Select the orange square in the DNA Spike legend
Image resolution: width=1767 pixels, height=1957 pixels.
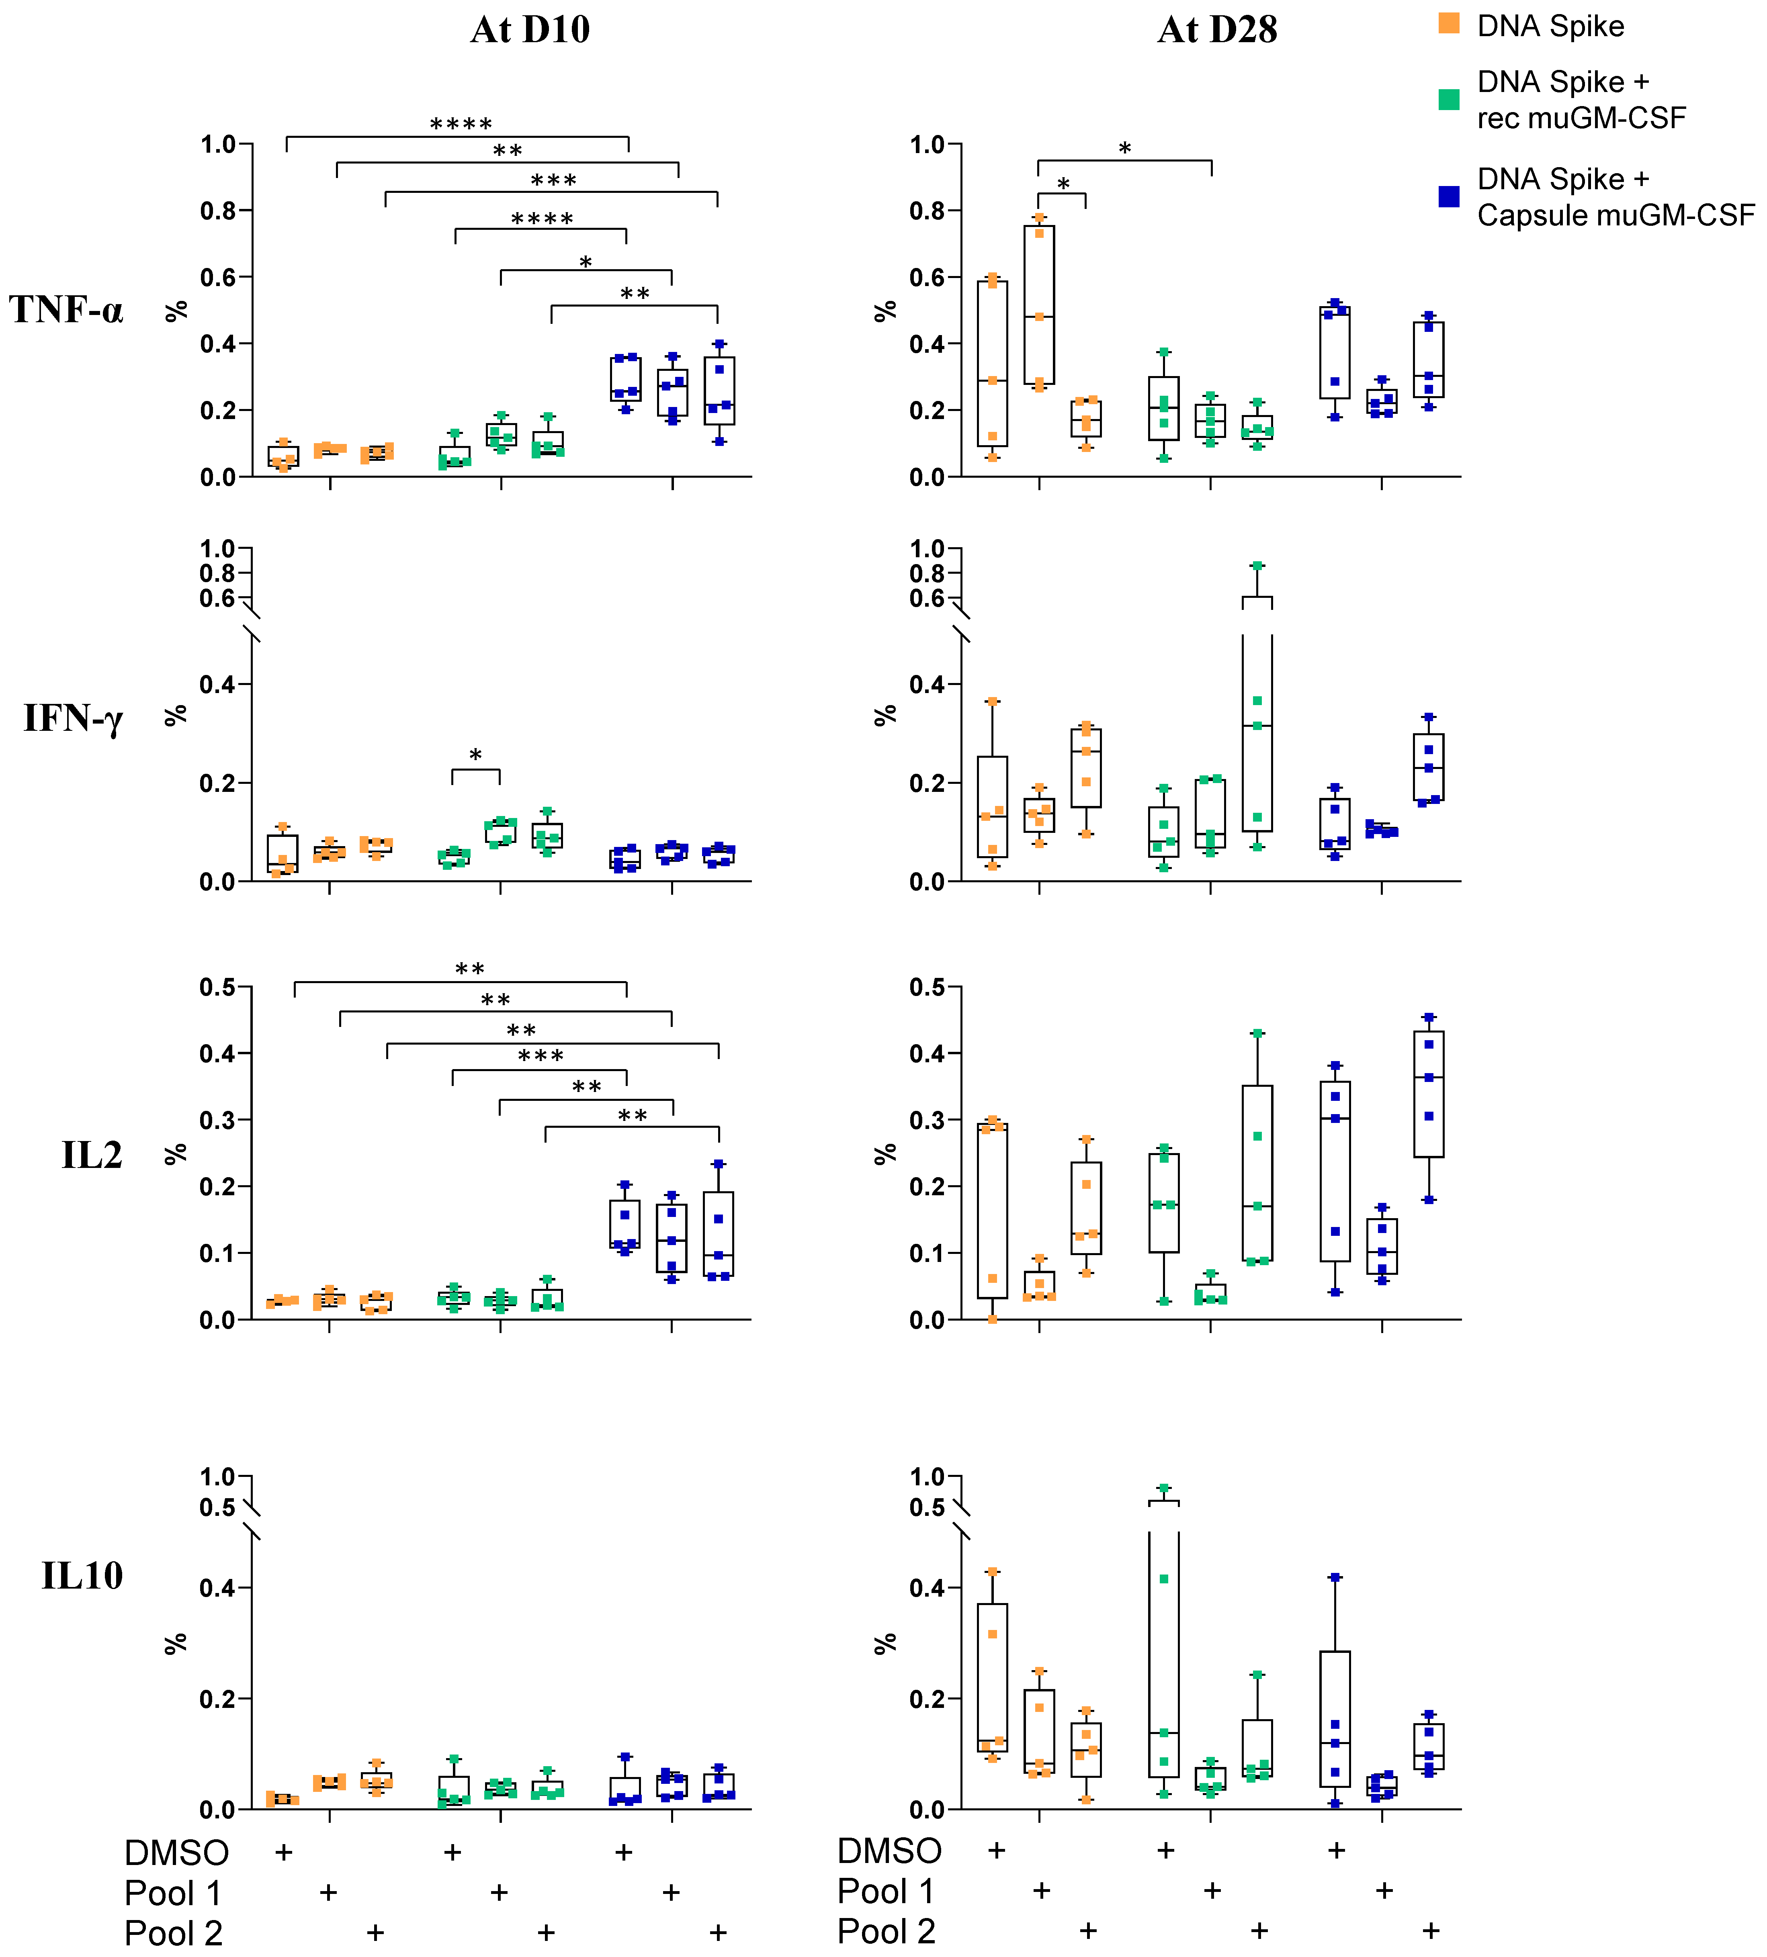tap(1449, 24)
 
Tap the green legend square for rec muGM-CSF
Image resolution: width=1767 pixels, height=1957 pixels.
tap(1449, 99)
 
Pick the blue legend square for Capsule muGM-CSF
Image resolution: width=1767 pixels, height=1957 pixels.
tap(1449, 196)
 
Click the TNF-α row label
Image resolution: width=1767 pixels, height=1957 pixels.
tap(66, 310)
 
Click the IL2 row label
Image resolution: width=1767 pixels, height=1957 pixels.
tap(92, 1155)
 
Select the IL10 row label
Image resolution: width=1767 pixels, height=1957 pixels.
tap(82, 1575)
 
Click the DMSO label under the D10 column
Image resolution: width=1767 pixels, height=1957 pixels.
tap(177, 1852)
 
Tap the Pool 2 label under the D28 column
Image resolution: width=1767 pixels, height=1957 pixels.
tap(887, 1932)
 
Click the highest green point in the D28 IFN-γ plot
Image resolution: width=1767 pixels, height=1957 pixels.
tap(1257, 565)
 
